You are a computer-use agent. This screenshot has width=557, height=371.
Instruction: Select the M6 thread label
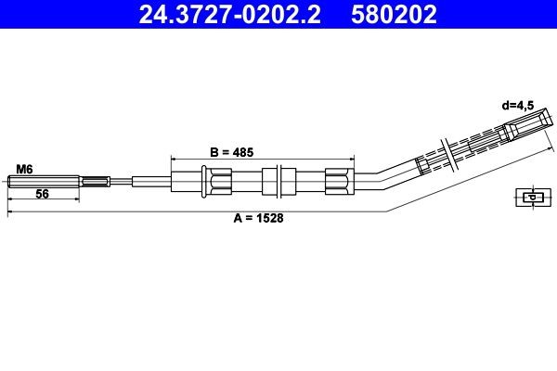click(x=24, y=169)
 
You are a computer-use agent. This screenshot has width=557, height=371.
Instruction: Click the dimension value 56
click(x=42, y=195)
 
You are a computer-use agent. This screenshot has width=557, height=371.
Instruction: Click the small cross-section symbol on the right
click(x=531, y=197)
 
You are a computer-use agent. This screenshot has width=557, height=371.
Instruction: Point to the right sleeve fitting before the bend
click(x=339, y=180)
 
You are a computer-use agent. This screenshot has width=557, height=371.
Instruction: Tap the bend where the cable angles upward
click(x=377, y=176)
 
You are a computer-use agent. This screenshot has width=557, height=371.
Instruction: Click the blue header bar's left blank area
click(x=56, y=14)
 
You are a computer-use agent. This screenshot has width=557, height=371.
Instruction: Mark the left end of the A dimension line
click(x=8, y=214)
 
